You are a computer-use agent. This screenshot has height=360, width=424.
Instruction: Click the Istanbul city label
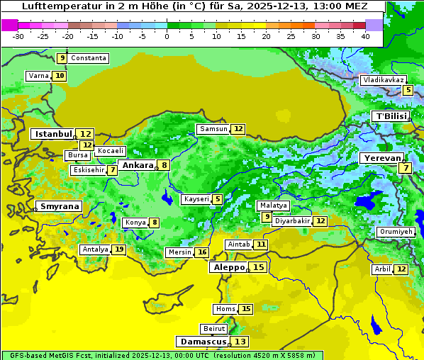(54, 134)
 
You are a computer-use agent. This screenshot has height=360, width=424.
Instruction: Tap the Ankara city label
(137, 165)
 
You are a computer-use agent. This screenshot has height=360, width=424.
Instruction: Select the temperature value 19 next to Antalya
(119, 249)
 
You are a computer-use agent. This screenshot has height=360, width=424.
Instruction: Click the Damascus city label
(203, 342)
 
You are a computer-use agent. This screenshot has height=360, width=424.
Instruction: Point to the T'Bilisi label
(391, 116)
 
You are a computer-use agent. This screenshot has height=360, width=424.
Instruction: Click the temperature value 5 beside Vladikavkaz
(408, 90)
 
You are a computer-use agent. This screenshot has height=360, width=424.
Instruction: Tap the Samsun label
(213, 129)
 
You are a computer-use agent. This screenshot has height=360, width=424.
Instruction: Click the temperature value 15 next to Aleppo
(259, 267)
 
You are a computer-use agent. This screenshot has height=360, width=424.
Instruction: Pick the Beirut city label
(214, 329)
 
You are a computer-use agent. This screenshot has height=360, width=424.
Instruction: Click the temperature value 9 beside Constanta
(62, 58)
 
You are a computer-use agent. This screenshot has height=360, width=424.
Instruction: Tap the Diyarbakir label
(292, 221)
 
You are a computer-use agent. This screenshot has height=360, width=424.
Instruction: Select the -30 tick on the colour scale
(18, 35)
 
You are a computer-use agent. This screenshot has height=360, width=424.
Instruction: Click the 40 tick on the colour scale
(365, 35)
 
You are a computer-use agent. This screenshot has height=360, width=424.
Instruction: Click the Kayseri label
(196, 200)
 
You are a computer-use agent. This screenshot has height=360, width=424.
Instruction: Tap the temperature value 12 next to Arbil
(401, 269)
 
